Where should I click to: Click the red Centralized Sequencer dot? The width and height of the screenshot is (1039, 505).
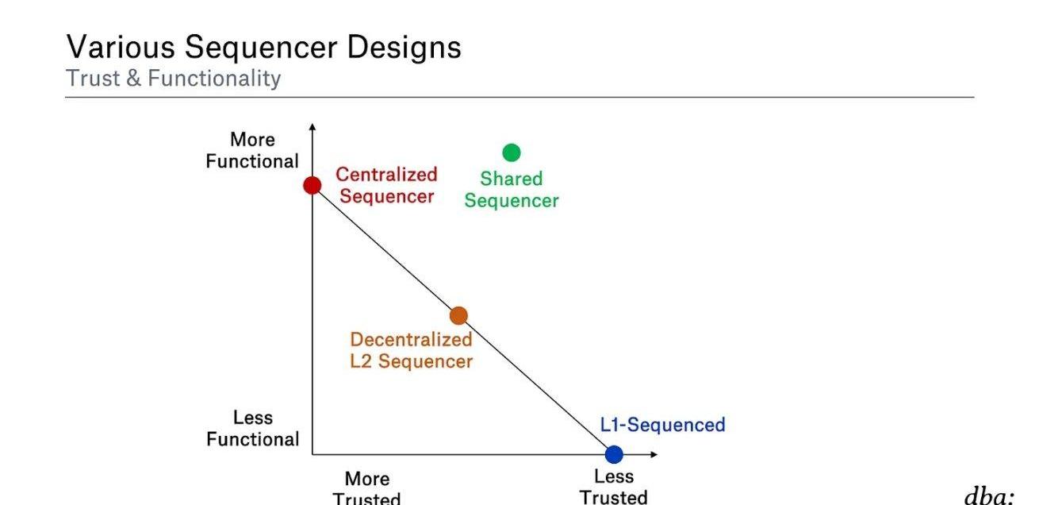312,185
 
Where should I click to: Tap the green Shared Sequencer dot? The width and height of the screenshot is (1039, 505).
512,152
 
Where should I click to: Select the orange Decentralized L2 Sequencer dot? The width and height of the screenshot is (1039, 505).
458,316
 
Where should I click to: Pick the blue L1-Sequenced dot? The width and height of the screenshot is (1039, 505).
614,454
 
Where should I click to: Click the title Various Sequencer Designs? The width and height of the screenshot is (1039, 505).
263,48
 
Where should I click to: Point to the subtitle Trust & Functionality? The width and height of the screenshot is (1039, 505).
173,79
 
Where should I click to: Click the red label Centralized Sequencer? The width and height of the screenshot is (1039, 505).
386,185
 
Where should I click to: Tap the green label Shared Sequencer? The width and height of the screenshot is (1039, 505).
512,190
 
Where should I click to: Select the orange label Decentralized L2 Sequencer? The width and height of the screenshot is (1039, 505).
411,350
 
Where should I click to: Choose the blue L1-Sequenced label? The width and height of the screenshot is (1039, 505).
662,425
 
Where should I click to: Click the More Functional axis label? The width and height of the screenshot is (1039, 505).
252,150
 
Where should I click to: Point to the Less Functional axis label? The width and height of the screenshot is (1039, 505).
253,428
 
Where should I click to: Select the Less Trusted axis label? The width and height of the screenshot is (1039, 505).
613,487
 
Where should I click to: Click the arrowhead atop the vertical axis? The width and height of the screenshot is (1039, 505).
312,127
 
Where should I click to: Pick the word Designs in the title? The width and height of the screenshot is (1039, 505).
404,48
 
